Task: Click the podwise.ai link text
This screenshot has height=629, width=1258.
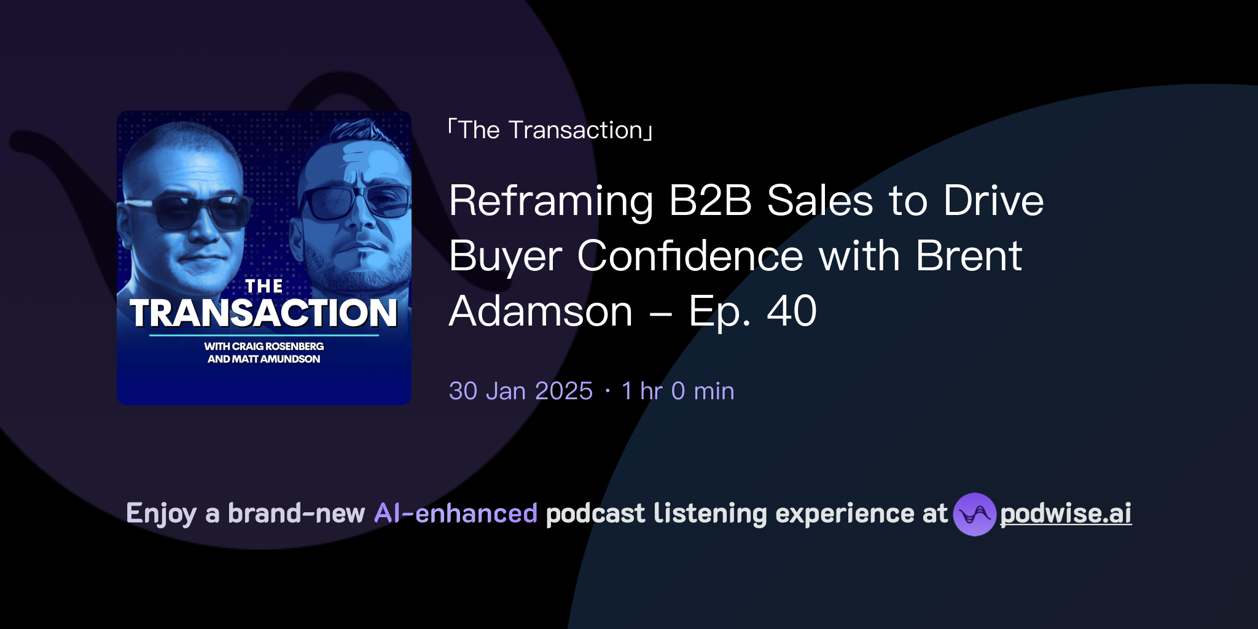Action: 1066,514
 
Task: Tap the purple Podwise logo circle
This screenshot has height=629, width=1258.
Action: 974,514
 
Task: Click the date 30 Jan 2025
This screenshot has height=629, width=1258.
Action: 521,391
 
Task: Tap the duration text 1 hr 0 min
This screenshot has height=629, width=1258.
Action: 678,391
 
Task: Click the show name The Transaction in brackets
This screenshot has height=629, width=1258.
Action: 550,130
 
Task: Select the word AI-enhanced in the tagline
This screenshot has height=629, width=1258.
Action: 456,514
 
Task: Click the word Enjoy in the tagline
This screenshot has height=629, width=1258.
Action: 162,514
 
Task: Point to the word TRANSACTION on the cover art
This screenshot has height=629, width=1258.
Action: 264,313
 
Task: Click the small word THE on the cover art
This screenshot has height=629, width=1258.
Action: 264,286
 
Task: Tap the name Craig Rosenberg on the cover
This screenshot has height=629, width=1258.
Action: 278,346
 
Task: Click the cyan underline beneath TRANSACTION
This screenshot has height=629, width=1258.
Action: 264,335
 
